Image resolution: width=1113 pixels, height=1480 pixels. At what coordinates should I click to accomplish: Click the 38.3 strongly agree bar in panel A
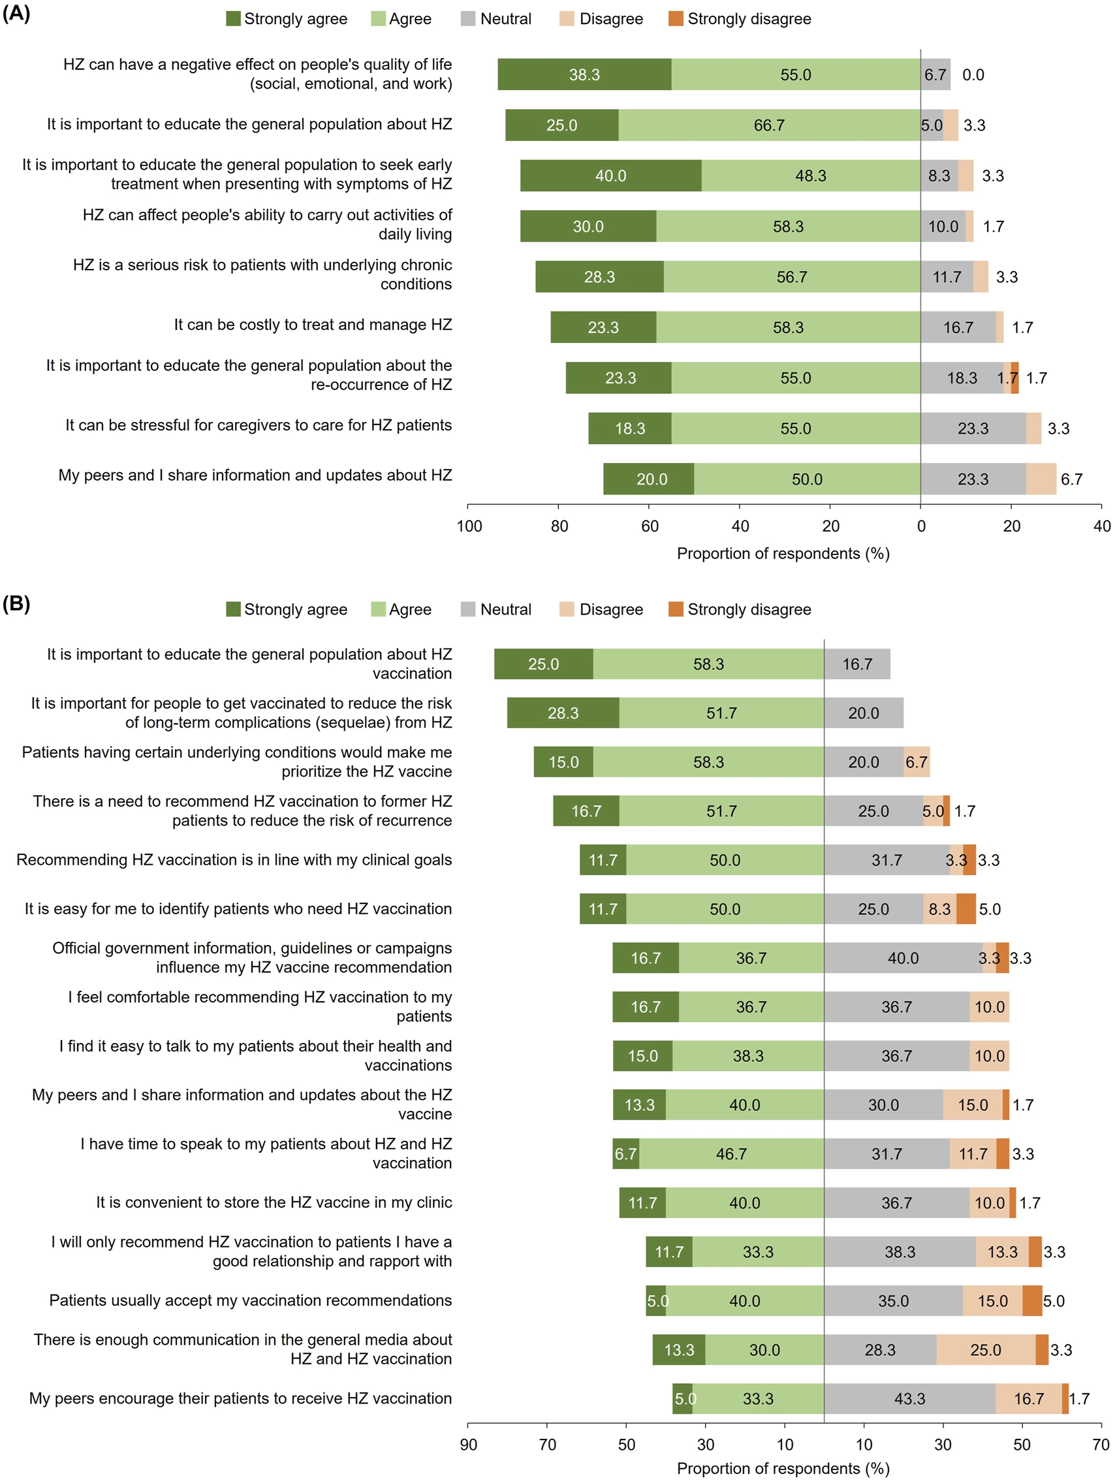[x=584, y=74]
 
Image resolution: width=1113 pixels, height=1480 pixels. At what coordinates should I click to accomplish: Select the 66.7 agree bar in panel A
[x=768, y=125]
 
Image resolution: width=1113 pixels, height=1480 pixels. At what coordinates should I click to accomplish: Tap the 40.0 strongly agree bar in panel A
[x=610, y=176]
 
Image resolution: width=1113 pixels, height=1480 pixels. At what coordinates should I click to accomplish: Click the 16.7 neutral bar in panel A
[x=957, y=327]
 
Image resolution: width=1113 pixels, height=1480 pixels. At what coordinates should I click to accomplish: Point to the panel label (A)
[x=16, y=13]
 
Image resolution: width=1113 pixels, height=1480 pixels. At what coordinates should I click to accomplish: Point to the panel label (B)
[x=16, y=603]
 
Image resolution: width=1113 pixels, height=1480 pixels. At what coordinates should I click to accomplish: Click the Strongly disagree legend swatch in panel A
[x=675, y=19]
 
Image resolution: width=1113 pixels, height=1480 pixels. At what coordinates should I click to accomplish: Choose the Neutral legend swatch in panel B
[x=467, y=609]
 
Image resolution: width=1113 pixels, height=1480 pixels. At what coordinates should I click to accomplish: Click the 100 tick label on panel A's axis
[x=469, y=526]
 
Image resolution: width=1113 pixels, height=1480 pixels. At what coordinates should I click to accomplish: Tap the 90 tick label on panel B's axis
[x=468, y=1445]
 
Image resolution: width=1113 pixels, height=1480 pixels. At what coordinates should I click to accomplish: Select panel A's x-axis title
[x=783, y=553]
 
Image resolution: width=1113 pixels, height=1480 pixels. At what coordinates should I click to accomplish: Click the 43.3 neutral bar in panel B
[x=909, y=1398]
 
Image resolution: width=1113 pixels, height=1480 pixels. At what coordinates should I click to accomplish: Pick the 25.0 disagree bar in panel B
[x=985, y=1349]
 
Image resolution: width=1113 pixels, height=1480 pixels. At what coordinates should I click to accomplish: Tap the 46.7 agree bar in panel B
[x=731, y=1153]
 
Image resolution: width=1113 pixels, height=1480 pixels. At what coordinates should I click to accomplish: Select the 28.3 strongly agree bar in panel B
[x=563, y=713]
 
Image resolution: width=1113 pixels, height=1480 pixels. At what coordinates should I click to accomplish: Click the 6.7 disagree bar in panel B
[x=916, y=762]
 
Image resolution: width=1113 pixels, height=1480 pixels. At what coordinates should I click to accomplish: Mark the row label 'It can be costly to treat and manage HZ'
[x=313, y=325]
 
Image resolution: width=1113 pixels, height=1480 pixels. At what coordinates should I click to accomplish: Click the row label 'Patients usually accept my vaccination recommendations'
[x=250, y=1300]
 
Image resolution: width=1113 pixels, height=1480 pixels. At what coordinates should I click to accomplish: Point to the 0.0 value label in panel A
[x=973, y=75]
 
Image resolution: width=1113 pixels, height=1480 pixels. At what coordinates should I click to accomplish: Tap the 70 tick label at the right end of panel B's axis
[x=1101, y=1445]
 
